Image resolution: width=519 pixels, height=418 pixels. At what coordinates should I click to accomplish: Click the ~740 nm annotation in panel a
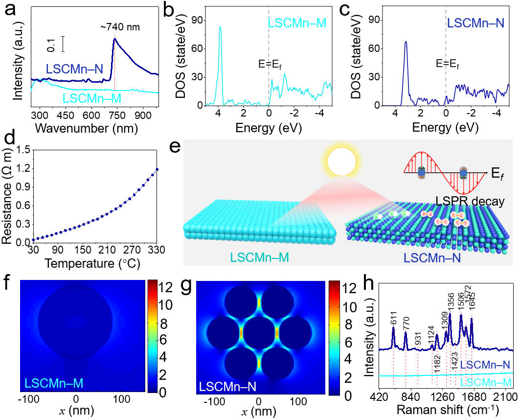coord(121,28)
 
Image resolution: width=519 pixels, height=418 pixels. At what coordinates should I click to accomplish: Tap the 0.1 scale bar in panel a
coord(64,44)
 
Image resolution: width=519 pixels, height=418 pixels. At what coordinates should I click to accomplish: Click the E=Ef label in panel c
coord(449,64)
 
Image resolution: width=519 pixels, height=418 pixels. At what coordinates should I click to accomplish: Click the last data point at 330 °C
coord(157,169)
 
